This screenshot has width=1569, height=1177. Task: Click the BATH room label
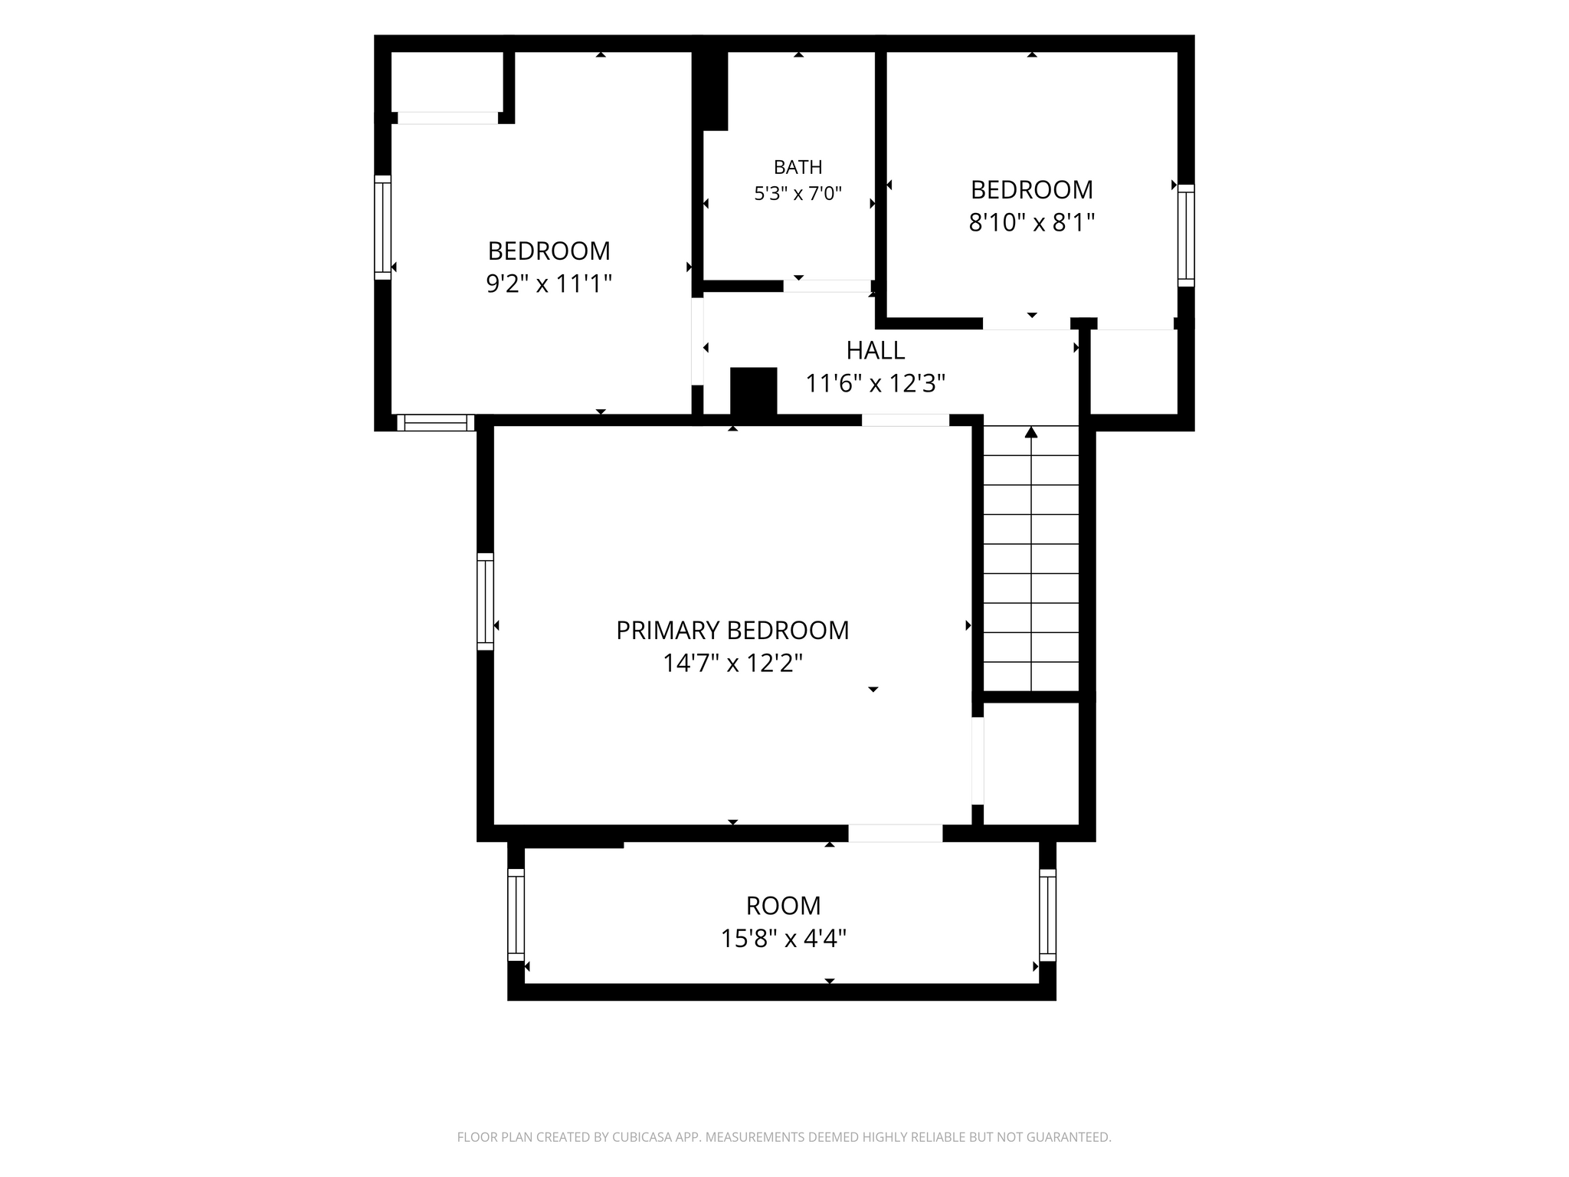point(798,167)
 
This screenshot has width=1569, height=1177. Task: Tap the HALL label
point(875,350)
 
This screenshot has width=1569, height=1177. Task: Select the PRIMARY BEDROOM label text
point(732,630)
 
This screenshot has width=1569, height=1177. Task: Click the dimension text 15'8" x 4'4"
point(783,938)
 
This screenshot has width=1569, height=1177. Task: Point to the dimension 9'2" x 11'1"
point(549,284)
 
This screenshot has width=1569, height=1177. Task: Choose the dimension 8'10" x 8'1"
point(1031,222)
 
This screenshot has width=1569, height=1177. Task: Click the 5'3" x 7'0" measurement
point(798,193)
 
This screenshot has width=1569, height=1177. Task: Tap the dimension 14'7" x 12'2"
point(732,663)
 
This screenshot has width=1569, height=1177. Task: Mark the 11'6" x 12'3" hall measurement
point(875,383)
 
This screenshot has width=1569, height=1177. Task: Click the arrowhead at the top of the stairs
point(1031,432)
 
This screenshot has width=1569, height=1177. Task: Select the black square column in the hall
point(754,392)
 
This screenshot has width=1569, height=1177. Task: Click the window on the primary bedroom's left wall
point(485,602)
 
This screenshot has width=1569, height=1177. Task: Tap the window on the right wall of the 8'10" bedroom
point(1186,235)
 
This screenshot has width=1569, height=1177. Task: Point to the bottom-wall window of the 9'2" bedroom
point(436,423)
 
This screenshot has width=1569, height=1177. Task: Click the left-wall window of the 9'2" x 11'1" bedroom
point(382,228)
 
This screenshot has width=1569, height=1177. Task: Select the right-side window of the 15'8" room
point(1047,915)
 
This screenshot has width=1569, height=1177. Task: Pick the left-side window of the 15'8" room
point(516,915)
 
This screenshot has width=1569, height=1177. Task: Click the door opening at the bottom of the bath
point(827,286)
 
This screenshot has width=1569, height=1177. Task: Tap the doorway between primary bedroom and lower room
point(895,833)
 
